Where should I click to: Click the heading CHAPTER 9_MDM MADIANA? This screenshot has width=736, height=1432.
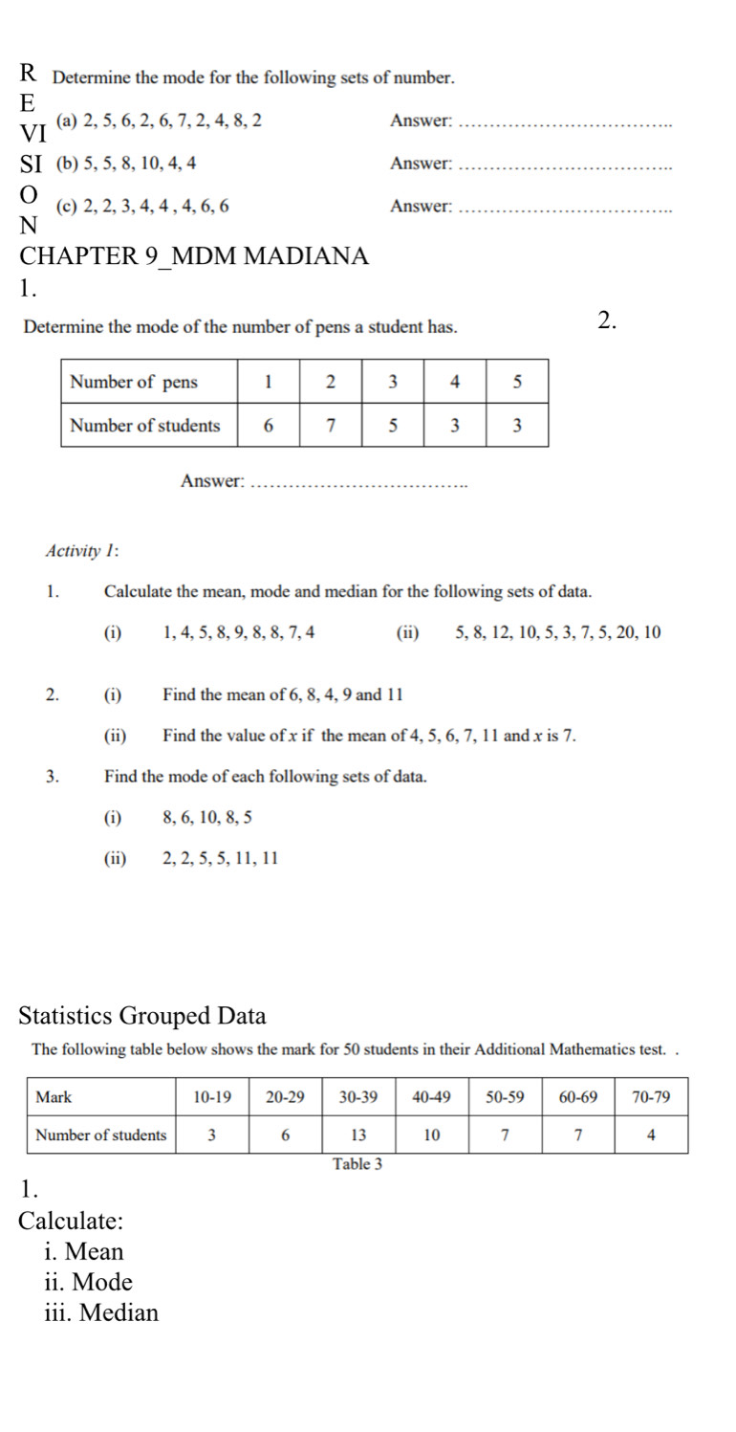point(194,256)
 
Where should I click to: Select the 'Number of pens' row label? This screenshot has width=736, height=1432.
point(135,383)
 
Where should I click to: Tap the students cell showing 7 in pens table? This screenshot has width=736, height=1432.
point(331,426)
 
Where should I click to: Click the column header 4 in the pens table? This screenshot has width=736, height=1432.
point(455,383)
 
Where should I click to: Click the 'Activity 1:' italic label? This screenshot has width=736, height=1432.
point(81,551)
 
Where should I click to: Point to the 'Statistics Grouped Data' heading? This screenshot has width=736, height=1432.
point(142,1015)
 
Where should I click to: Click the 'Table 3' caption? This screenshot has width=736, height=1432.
point(356,1164)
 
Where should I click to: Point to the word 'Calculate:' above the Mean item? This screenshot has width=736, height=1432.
point(71,1222)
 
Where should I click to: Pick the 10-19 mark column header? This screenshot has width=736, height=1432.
point(212,1097)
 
